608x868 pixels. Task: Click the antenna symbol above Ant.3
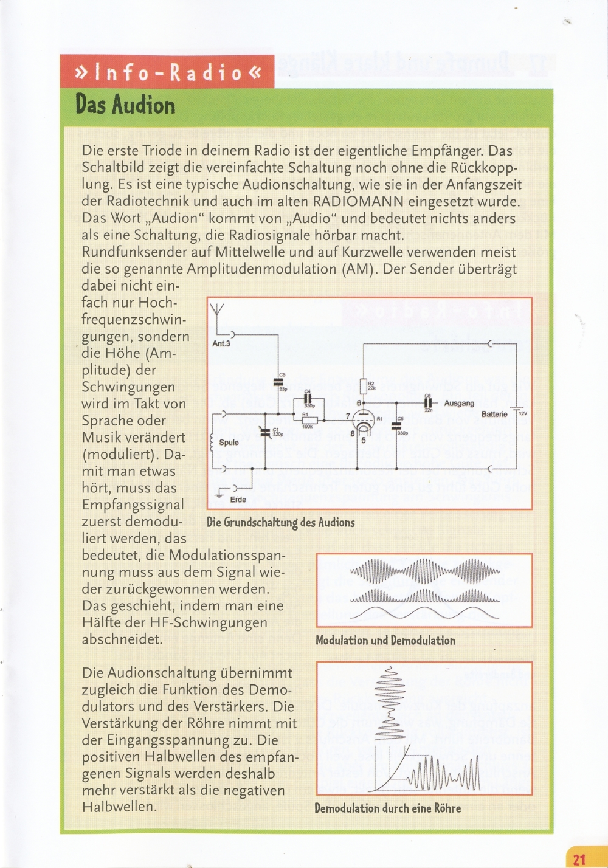click(x=217, y=310)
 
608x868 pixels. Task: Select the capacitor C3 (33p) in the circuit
click(x=278, y=383)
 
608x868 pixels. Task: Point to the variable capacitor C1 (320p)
click(x=265, y=432)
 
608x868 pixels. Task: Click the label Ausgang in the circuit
click(x=459, y=403)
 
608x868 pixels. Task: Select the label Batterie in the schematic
click(x=494, y=414)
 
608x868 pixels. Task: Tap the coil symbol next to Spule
click(x=212, y=443)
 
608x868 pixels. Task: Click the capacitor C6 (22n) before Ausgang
click(x=428, y=402)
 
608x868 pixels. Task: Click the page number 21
click(x=579, y=859)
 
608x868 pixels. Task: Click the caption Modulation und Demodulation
click(x=385, y=640)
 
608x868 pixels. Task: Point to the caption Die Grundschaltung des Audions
click(x=280, y=522)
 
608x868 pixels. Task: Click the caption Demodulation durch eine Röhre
click(x=387, y=808)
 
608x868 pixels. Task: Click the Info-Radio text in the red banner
click(x=167, y=72)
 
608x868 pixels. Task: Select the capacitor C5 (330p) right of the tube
click(x=396, y=425)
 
